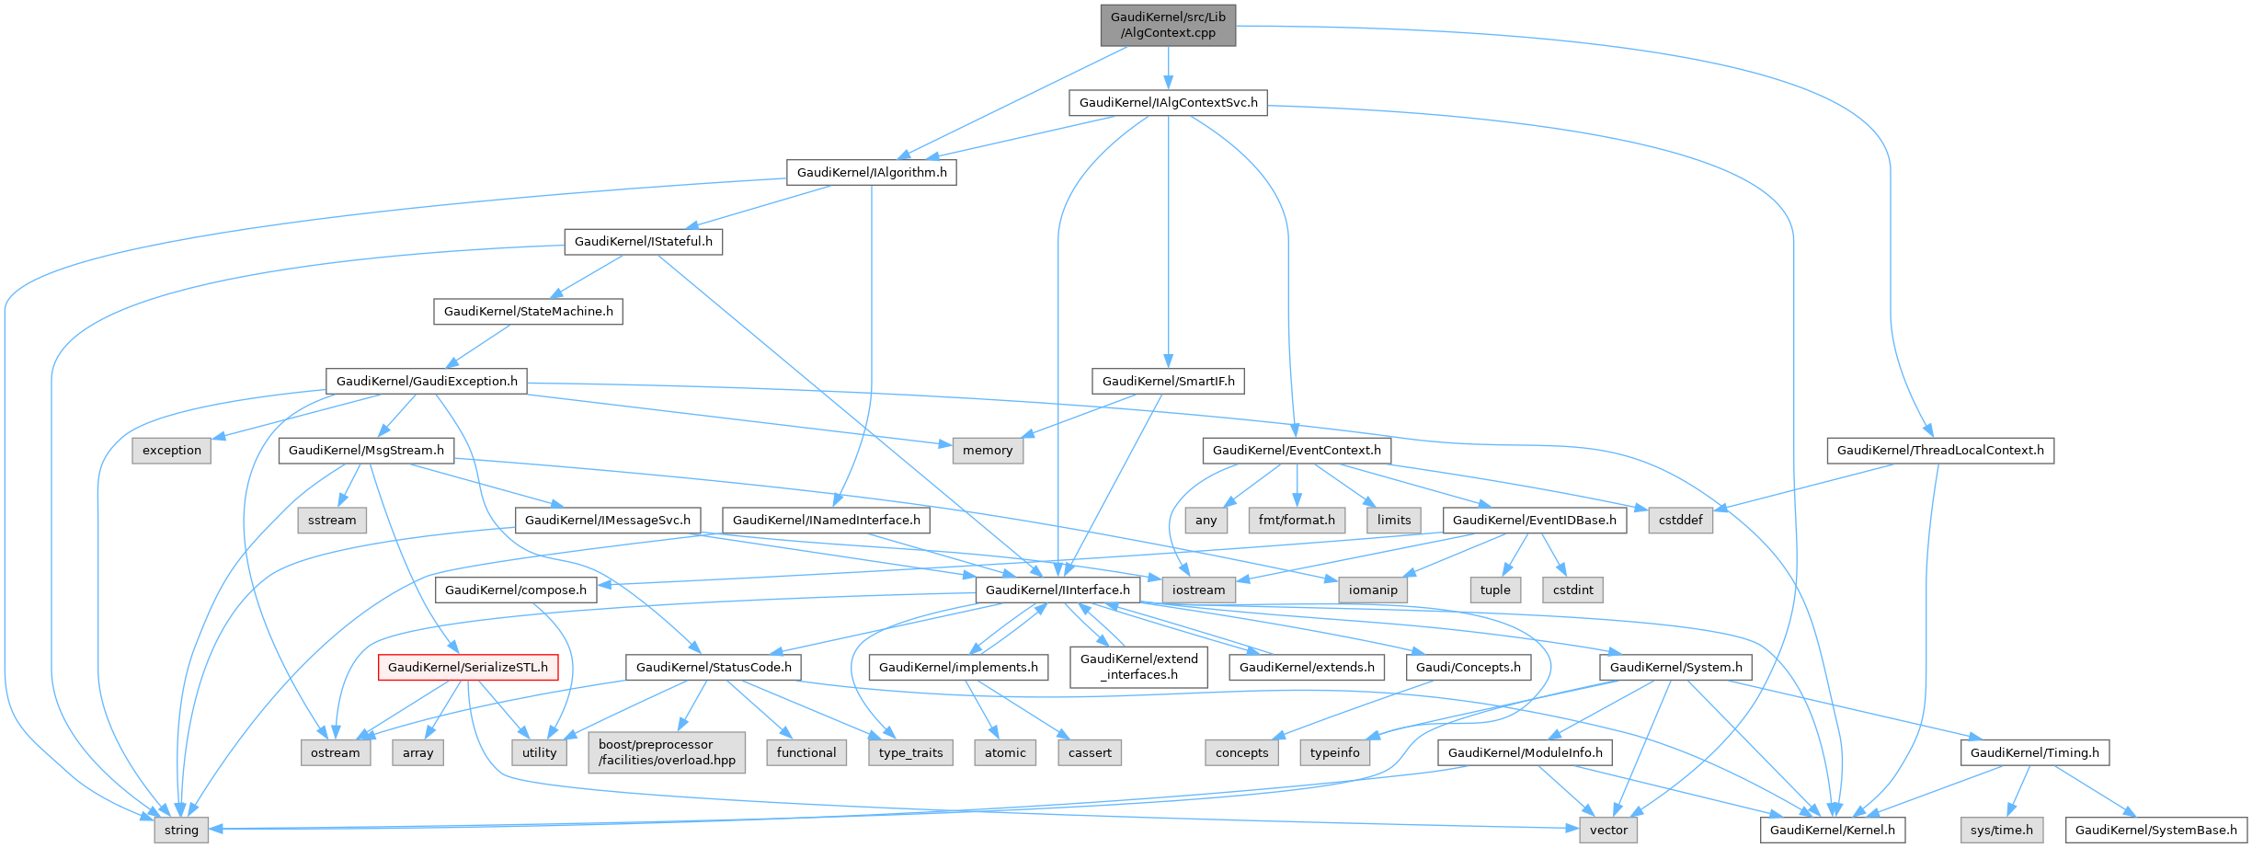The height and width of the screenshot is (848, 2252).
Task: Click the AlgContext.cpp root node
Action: (x=1168, y=25)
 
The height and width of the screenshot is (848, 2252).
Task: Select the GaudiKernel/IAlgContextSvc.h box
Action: (x=1168, y=102)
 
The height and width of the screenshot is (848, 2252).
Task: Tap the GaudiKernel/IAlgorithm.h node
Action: (x=871, y=172)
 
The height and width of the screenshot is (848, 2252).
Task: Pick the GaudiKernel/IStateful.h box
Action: (x=643, y=241)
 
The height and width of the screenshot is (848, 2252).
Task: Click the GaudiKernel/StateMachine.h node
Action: (x=528, y=311)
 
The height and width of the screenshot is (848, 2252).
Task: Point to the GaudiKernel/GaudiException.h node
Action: (x=427, y=381)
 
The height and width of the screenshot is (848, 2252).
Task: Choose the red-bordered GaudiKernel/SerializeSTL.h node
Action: (x=467, y=667)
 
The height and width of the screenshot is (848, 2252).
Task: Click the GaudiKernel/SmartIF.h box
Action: (x=1168, y=381)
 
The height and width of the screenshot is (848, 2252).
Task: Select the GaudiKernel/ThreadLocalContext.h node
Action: (x=1940, y=450)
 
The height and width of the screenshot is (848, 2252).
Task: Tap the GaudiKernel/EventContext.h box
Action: (x=1297, y=450)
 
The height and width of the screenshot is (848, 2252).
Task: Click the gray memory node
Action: (x=988, y=450)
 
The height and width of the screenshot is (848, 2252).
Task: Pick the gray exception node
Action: (x=172, y=450)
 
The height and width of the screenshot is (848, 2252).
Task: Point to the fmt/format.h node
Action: (x=1297, y=520)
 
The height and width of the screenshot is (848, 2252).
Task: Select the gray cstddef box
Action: (x=1681, y=520)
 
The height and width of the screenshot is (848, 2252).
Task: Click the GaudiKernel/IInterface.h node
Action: (x=1057, y=590)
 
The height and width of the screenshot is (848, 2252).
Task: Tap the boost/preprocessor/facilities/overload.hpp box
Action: (x=667, y=751)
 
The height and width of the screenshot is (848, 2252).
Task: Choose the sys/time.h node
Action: (x=2002, y=830)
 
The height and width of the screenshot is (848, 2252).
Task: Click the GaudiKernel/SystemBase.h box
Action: (x=2156, y=830)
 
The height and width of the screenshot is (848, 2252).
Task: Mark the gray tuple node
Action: (x=1495, y=590)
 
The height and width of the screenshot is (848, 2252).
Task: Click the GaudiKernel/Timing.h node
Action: (x=2035, y=752)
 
